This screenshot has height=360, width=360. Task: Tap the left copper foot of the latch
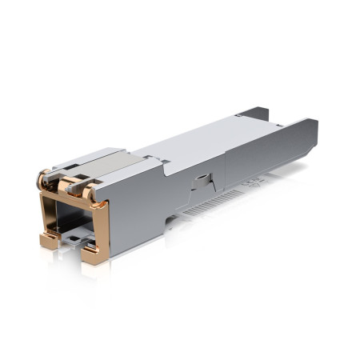point(48,240)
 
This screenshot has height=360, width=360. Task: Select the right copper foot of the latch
point(94,254)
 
